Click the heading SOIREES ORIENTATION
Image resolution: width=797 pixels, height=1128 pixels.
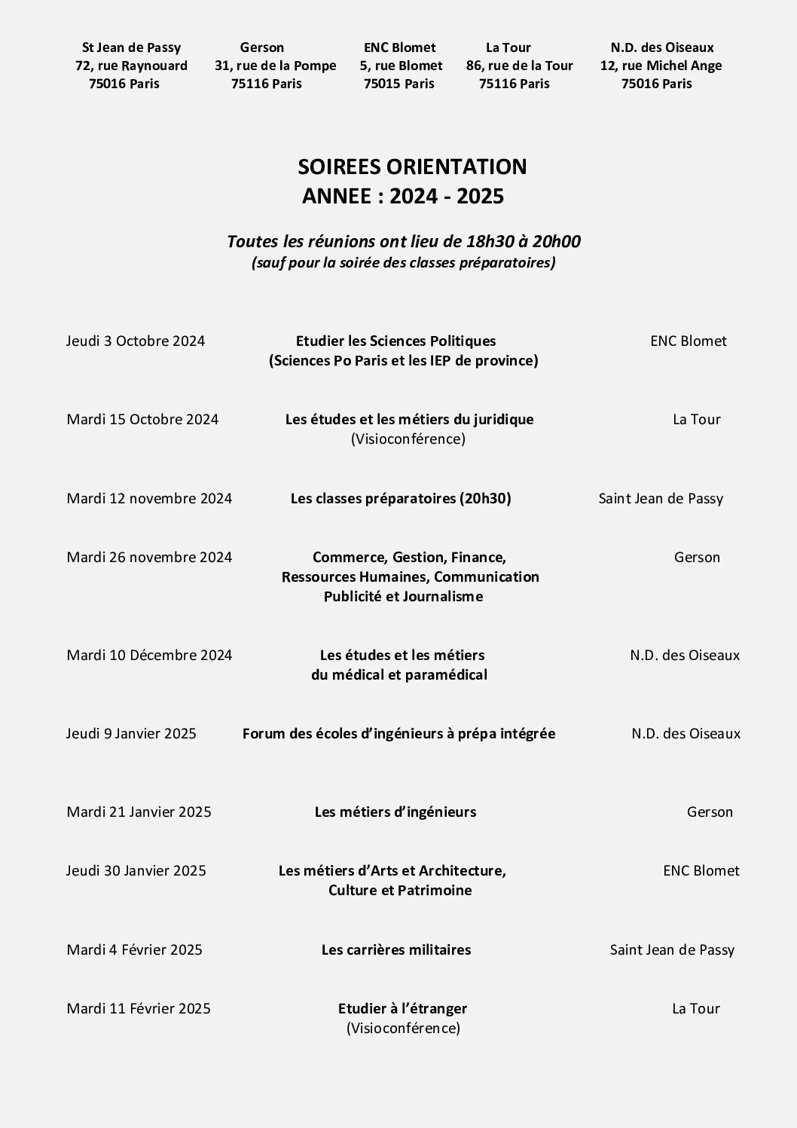[412, 167]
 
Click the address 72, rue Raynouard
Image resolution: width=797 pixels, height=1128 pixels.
[131, 66]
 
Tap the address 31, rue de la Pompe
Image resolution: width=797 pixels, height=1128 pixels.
[275, 66]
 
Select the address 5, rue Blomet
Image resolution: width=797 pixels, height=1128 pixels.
[401, 66]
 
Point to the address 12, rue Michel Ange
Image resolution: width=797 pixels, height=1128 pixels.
[661, 66]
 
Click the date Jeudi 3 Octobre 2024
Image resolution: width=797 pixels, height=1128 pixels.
[136, 341]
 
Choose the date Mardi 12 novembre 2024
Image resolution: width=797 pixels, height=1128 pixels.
[149, 498]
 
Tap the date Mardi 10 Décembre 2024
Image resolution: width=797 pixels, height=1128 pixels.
[149, 655]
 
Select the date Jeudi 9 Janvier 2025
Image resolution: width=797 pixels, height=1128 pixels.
[131, 733]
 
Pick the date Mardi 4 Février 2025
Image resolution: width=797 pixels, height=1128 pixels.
[134, 949]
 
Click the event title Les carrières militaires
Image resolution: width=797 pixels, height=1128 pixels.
[396, 949]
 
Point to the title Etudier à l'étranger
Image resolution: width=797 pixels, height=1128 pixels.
[402, 1008]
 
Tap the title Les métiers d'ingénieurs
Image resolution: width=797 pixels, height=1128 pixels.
[395, 812]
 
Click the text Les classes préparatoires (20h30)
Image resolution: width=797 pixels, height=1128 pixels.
[401, 498]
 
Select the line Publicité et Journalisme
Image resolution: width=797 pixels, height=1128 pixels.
[403, 596]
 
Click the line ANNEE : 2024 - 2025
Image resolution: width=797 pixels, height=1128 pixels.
[402, 196]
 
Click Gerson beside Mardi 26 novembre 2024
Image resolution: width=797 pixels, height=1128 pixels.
[697, 557]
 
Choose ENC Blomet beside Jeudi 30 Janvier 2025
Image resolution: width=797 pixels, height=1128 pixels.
[701, 870]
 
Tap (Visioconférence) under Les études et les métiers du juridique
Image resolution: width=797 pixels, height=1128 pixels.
[408, 439]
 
